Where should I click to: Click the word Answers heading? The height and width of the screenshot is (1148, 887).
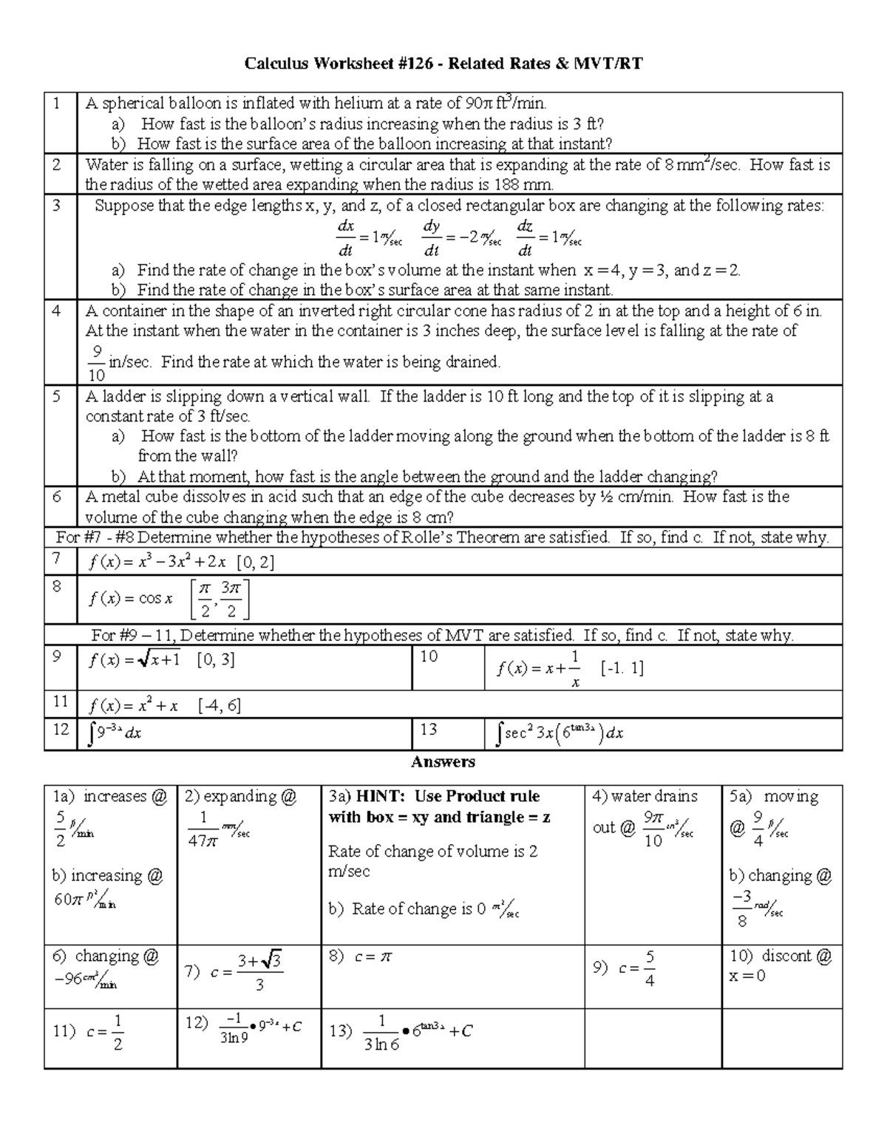(443, 761)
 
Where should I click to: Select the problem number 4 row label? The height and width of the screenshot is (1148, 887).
(57, 310)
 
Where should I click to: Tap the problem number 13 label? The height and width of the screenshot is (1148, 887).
(429, 730)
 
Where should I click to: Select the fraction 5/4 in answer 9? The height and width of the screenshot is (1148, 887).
(649, 968)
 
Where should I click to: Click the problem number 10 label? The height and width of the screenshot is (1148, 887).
(429, 656)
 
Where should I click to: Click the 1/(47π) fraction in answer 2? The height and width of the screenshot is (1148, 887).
(203, 829)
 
